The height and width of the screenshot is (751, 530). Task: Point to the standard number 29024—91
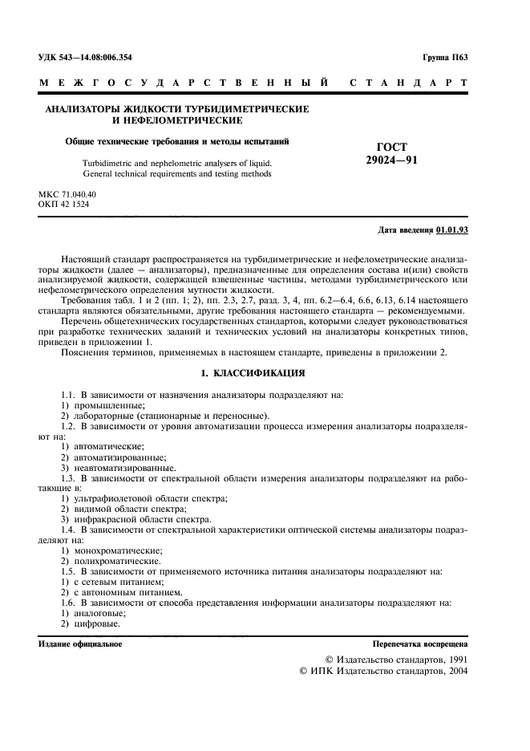click(391, 160)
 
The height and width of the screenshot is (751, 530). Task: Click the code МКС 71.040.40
click(67, 195)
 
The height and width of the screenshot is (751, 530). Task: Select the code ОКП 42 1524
click(64, 205)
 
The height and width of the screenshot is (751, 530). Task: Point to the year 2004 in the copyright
click(455, 669)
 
